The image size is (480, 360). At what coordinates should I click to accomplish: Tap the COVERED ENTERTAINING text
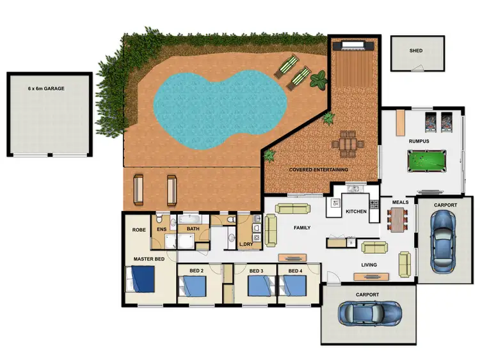click(x=319, y=169)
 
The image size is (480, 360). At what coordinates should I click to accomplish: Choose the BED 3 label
click(x=257, y=271)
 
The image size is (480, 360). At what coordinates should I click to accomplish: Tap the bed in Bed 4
click(x=294, y=286)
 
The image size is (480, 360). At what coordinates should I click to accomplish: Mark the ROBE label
click(x=139, y=229)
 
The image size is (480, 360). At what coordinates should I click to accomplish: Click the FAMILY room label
click(x=301, y=228)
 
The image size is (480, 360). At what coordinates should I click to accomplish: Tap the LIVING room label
click(x=369, y=265)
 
